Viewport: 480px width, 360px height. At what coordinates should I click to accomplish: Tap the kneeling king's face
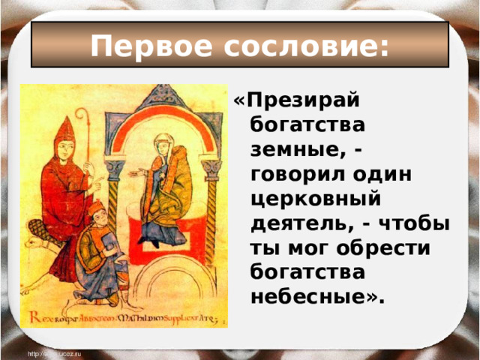pos(98,213)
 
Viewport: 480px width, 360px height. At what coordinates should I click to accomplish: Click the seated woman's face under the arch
pos(163,144)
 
